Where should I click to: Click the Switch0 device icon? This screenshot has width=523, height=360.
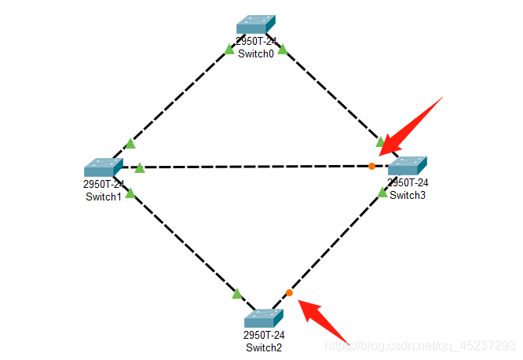point(256,24)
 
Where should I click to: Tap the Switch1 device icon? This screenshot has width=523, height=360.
point(103,167)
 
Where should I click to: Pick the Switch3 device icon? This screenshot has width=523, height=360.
point(407,166)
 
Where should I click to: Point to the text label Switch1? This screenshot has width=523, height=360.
point(104,196)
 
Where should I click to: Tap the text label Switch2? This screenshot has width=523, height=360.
point(264,347)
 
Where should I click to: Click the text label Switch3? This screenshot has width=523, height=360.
point(408,195)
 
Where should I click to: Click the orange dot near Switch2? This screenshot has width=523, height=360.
point(289,292)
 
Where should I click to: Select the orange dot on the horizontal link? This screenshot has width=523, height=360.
point(371,166)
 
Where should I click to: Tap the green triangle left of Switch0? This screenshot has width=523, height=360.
point(229,49)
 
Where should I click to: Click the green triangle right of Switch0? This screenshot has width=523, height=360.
point(283,49)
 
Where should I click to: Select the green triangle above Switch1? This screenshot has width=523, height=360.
point(130,143)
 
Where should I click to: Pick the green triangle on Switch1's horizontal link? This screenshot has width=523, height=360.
point(139,167)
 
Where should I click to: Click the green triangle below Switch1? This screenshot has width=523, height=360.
point(130,193)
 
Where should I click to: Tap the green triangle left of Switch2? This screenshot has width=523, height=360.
point(237,294)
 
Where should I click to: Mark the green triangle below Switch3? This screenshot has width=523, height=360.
point(382,191)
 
